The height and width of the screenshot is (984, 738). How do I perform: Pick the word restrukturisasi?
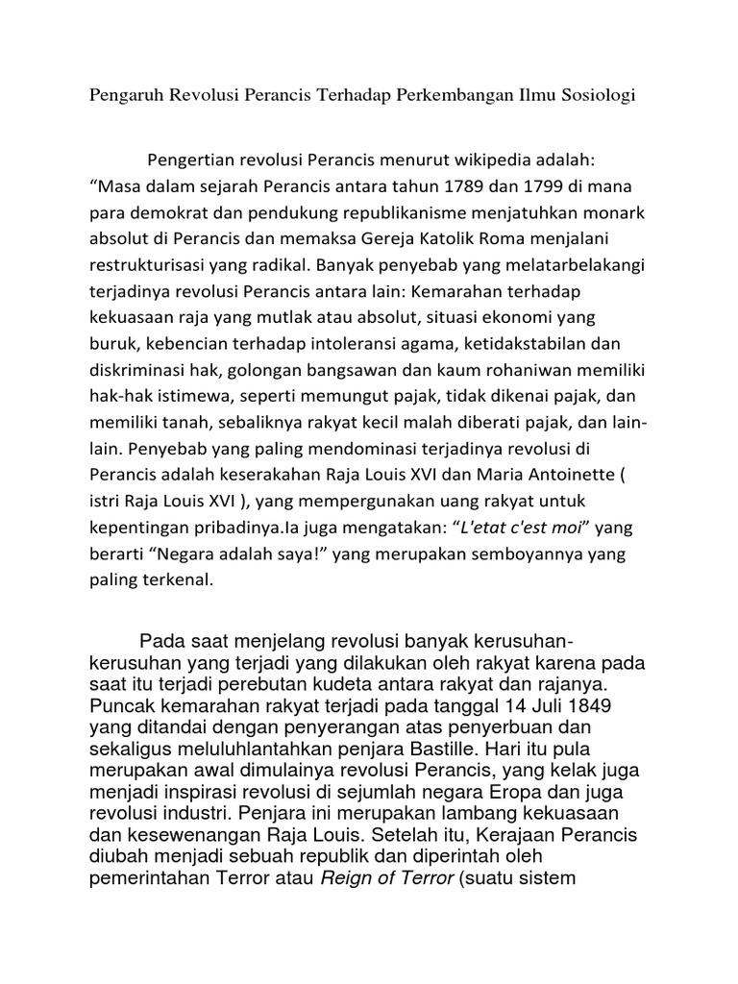coord(149,261)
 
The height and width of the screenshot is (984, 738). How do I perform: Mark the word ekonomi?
coord(522,315)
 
